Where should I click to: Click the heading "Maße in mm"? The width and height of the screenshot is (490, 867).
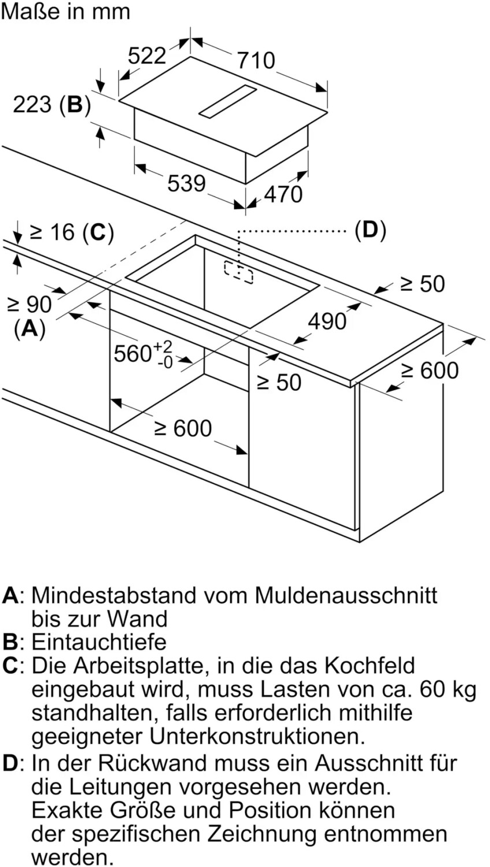65,12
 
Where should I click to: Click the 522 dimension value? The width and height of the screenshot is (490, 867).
147,55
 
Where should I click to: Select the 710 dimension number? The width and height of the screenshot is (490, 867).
256,60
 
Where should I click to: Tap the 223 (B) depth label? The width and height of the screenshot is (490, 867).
52,105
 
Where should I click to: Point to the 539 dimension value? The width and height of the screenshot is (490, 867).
187,184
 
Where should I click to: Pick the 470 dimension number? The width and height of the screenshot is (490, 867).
283,194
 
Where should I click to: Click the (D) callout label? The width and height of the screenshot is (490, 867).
370,230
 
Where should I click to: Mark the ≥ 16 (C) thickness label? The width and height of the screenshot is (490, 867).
72,232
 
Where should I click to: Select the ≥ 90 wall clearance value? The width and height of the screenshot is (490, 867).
29,304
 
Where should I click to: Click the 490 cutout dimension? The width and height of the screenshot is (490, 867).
327,321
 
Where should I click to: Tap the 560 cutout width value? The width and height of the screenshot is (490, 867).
133,353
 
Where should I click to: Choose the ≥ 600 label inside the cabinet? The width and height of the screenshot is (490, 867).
183,428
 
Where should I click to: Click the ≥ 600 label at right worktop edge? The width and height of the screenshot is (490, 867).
430,370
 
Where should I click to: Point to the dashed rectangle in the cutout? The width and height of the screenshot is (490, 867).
239,272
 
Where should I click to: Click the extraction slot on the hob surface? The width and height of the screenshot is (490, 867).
228,101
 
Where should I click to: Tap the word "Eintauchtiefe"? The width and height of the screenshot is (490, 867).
99,642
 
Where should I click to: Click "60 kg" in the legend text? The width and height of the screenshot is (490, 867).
448,689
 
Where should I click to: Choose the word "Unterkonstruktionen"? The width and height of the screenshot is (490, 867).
257,736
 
